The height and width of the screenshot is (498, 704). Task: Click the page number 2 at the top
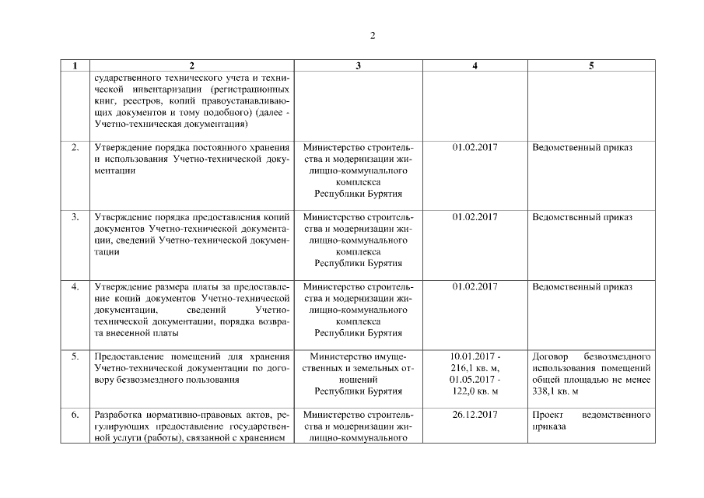tap(373, 37)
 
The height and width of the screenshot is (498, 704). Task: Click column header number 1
tap(75, 66)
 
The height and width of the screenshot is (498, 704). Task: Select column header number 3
tap(358, 66)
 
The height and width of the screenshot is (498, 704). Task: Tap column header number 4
tap(475, 66)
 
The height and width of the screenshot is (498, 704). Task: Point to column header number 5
tap(591, 66)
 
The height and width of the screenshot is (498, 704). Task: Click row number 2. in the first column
tap(75, 147)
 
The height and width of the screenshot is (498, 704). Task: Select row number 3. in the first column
tap(75, 217)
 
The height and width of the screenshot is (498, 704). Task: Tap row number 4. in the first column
tap(75, 287)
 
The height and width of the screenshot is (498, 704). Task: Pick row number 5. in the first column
tap(75, 356)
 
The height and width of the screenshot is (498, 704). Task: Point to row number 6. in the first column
tap(75, 415)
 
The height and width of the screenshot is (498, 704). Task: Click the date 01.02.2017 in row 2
tap(475, 147)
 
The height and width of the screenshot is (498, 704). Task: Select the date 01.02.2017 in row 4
tap(475, 287)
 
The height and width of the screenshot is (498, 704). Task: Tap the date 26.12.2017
tap(475, 415)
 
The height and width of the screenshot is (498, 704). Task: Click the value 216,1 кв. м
tap(475, 368)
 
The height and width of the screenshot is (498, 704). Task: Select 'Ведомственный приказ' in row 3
tap(582, 217)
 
